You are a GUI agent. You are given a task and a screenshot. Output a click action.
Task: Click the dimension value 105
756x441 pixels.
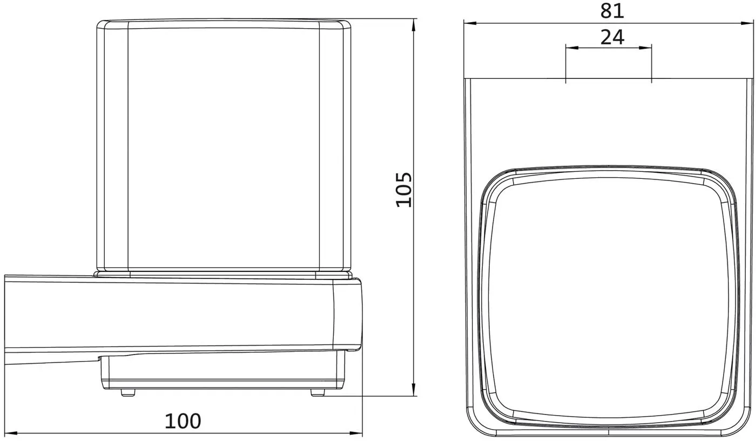point(404,190)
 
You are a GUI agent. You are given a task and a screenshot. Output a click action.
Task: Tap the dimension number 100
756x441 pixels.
point(183,421)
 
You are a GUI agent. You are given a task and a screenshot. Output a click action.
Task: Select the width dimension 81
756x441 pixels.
point(612,11)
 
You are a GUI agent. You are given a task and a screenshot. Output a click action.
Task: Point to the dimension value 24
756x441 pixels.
point(612,37)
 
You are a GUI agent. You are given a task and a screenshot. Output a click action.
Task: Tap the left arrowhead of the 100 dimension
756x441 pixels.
point(11,433)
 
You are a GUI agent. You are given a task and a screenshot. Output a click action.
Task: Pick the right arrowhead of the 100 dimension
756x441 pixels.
point(356,433)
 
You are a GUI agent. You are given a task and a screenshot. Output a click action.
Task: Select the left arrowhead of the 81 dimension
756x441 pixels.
point(470,23)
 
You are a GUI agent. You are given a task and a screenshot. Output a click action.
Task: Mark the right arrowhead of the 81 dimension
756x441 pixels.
point(747,23)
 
